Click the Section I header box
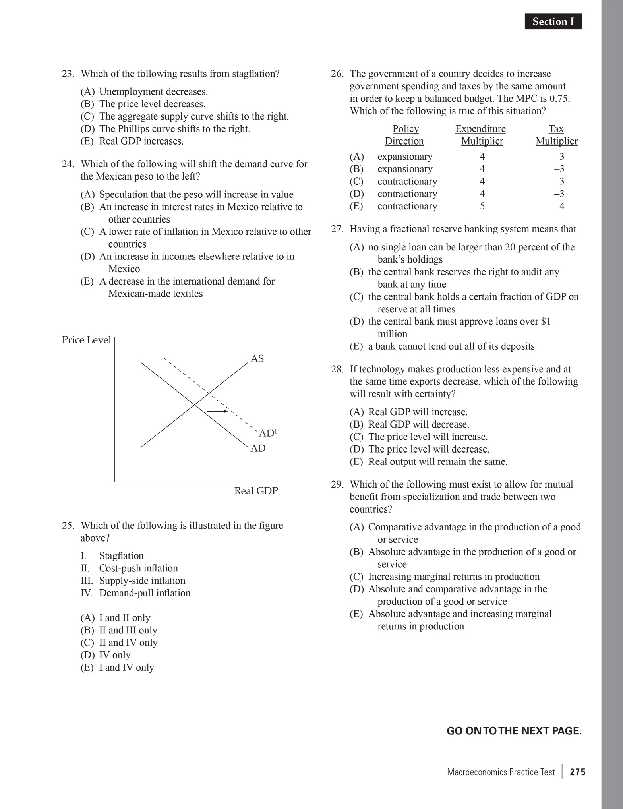pyautogui.click(x=553, y=21)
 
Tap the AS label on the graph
pyautogui.click(x=257, y=358)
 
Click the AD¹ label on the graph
pyautogui.click(x=267, y=433)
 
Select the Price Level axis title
pyautogui.click(x=86, y=340)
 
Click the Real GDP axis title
pyautogui.click(x=256, y=491)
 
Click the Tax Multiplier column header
pyautogui.click(x=556, y=135)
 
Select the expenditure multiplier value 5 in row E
pyautogui.click(x=482, y=206)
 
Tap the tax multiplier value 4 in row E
pyautogui.click(x=561, y=206)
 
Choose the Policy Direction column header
pyautogui.click(x=405, y=135)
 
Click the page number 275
pyautogui.click(x=577, y=772)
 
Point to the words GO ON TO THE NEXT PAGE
pyautogui.click(x=514, y=731)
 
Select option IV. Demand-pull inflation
pyautogui.click(x=135, y=593)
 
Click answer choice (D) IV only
pyautogui.click(x=105, y=655)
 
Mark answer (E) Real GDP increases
pyautogui.click(x=132, y=141)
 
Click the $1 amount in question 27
pyautogui.click(x=546, y=321)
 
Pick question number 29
pyautogui.click(x=337, y=484)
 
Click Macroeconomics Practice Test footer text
pyautogui.click(x=501, y=772)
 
